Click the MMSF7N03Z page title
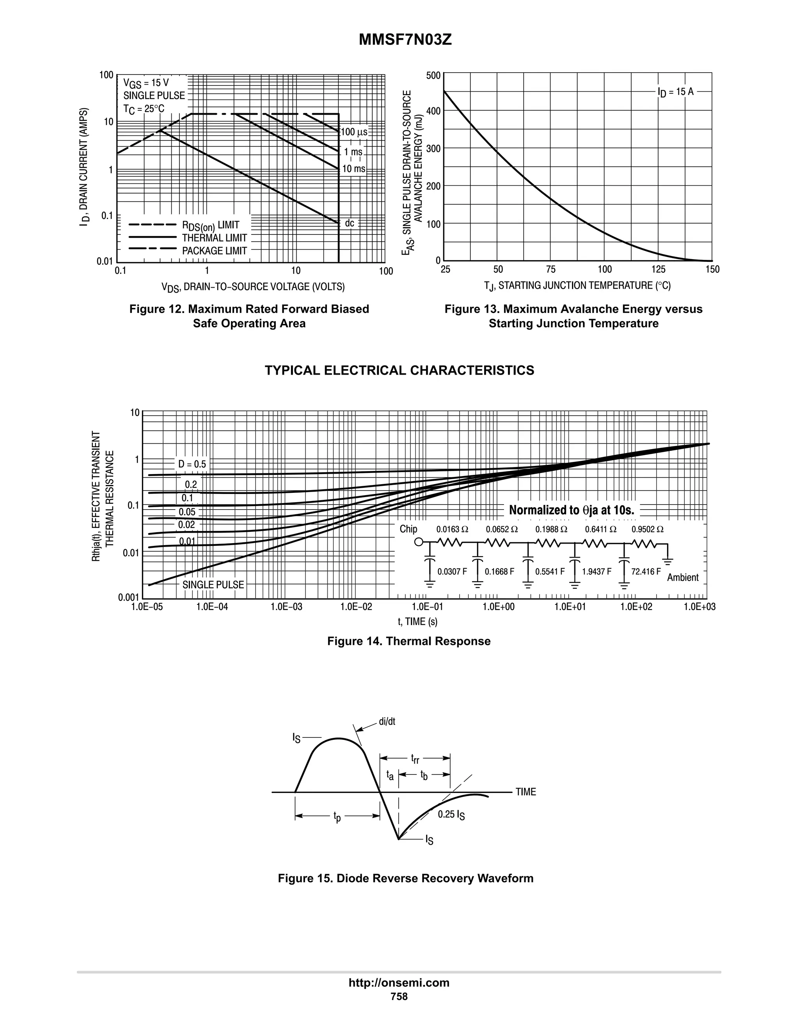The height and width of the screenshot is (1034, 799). point(405,40)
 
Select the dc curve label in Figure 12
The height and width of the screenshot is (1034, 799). point(349,223)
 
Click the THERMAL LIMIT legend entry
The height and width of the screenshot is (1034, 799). point(215,238)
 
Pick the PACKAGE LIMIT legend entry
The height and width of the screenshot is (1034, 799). point(215,251)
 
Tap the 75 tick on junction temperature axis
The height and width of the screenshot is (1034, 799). point(550,269)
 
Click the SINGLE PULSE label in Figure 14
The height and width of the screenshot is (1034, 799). point(213,585)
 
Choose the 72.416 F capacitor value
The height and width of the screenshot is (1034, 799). point(646,572)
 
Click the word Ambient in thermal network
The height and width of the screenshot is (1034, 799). point(683,577)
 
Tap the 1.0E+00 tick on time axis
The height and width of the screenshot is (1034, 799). point(499,607)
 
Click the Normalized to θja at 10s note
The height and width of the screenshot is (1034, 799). point(571,510)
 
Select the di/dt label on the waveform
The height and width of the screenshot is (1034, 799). point(387,721)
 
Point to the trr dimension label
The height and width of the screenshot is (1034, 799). point(415,759)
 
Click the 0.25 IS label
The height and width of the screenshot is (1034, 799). point(451,815)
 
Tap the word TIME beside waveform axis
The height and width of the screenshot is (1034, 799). point(526,792)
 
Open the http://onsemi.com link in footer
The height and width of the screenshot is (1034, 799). point(399,982)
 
